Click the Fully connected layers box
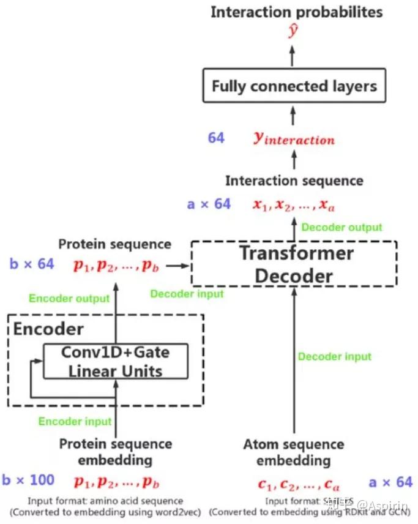tap(294, 85)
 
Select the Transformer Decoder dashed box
tap(294, 263)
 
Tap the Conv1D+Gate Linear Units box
tap(115, 361)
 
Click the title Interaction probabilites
tap(296, 12)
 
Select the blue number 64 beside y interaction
tap(216, 138)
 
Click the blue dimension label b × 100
tap(28, 480)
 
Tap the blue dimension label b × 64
tap(32, 264)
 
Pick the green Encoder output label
tap(69, 299)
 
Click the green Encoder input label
tap(75, 421)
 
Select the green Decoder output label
tap(342, 227)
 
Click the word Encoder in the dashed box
tap(48, 329)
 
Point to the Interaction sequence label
tap(294, 181)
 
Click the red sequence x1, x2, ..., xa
tap(293, 205)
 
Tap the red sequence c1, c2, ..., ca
tap(298, 485)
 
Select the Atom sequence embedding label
tap(294, 452)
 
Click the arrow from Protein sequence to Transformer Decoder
tap(178, 266)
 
